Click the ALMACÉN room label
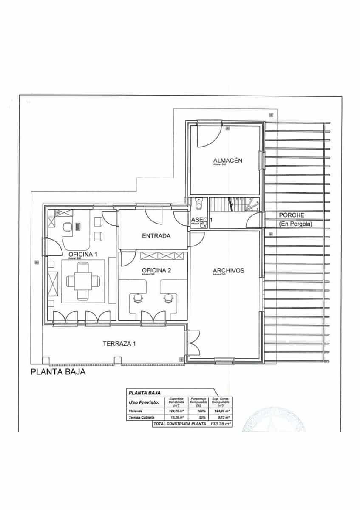227,160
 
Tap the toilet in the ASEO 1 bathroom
199,205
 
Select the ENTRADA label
156,236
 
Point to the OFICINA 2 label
156,270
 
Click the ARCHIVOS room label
228,270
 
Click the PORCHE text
292,215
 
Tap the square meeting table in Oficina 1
83,280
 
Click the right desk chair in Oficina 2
169,299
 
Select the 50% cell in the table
198,418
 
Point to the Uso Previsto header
144,402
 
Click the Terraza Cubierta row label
142,418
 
